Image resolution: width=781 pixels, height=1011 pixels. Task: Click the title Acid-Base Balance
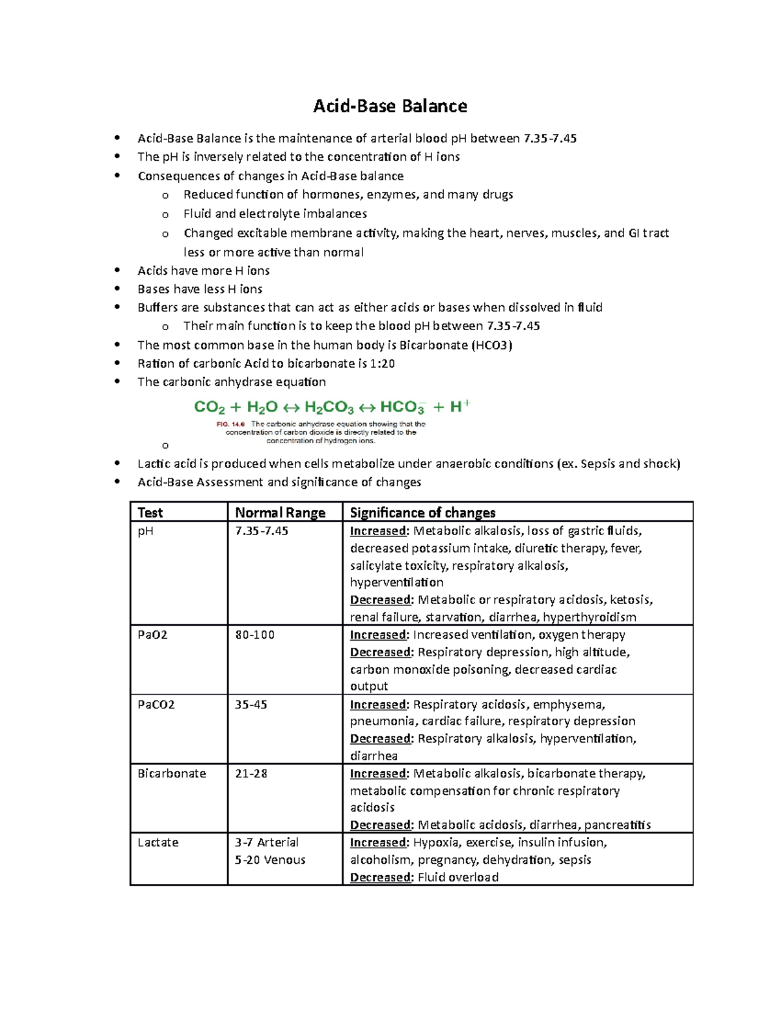tap(390, 106)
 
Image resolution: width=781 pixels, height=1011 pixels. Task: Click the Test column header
tap(150, 512)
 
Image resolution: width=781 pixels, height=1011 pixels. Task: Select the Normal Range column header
tap(280, 512)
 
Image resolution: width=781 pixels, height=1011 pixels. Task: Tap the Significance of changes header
tap(422, 512)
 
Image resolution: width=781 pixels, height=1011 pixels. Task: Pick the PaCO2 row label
tap(156, 704)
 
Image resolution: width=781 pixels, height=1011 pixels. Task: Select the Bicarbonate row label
tap(171, 773)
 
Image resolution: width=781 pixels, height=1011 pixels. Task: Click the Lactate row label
tap(158, 842)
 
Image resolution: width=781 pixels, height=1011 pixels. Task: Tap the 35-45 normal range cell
tap(251, 704)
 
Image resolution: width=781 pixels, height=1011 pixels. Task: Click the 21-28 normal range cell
tap(251, 773)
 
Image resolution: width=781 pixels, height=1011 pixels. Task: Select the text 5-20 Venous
tap(270, 860)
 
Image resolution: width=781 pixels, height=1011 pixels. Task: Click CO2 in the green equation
tap(210, 408)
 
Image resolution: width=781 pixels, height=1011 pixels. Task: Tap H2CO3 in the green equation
tap(329, 408)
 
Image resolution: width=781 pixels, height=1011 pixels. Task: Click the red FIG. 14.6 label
tap(230, 424)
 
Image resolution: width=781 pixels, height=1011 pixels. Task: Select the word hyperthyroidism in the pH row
tap(590, 617)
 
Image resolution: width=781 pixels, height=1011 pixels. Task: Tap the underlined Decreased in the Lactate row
tap(381, 878)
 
